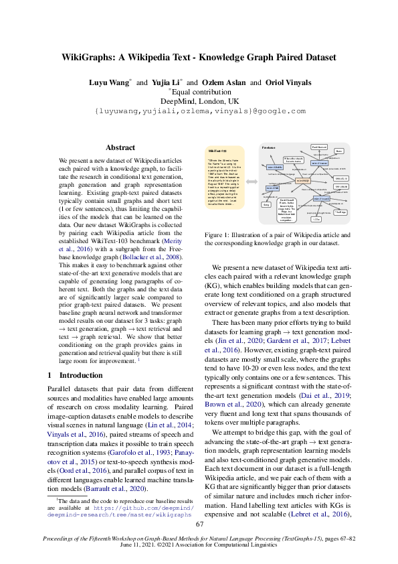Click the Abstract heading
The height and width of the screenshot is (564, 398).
[x=120, y=147]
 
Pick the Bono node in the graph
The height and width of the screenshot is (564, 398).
[x=339, y=151]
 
